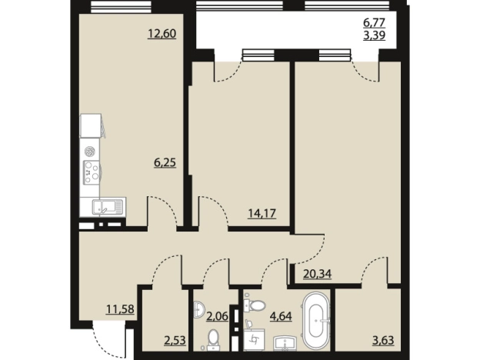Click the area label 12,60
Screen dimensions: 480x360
point(162,33)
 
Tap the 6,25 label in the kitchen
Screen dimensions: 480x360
point(165,162)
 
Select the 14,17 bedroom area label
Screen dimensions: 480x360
point(262,213)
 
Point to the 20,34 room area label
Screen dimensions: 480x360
point(317,273)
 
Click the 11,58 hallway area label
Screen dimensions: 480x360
point(120,309)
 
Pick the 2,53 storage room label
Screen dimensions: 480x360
point(175,340)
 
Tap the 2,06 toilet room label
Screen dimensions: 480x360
point(218,316)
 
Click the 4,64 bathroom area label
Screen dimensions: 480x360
point(281,316)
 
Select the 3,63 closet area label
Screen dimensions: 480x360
point(383,340)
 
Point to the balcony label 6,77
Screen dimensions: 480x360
point(374,22)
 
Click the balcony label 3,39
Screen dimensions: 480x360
point(374,35)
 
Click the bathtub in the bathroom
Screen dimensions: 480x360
point(316,320)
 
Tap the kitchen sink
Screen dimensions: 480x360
point(108,207)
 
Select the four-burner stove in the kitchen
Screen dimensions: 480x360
point(92,172)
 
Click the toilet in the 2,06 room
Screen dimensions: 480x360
point(212,339)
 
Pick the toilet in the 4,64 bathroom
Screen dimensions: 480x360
point(255,305)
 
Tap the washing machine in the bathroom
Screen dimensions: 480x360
point(254,339)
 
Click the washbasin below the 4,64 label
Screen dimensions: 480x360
point(285,342)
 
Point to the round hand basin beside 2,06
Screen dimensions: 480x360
point(199,309)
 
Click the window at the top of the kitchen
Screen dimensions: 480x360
point(122,7)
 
